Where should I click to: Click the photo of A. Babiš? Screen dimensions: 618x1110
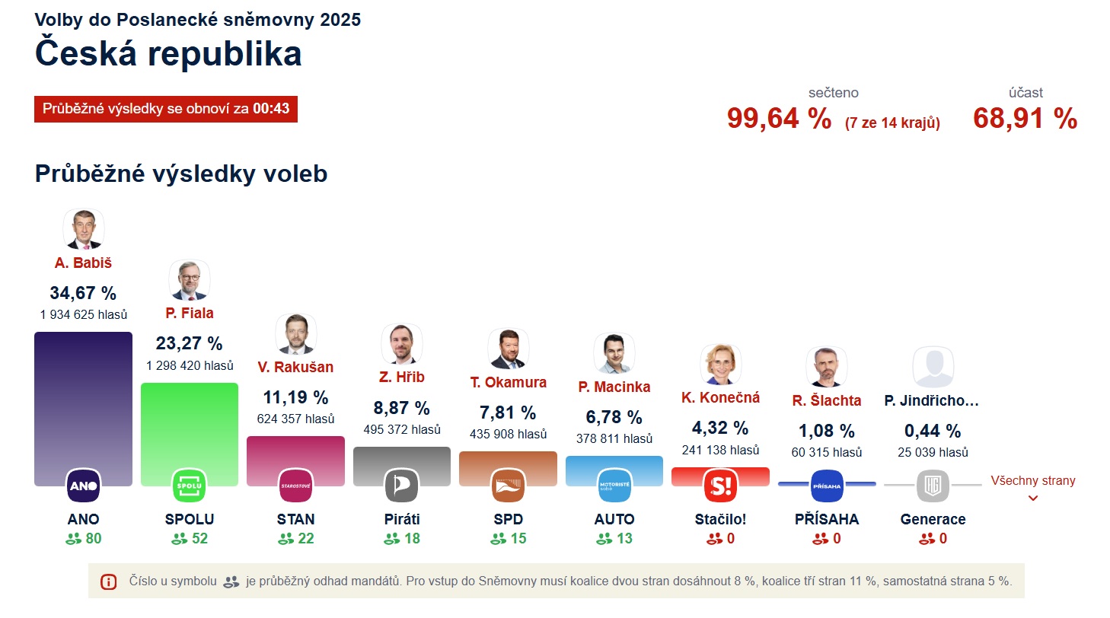tap(83, 229)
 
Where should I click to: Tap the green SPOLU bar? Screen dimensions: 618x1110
tap(190, 426)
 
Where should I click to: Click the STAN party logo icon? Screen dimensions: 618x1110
tap(296, 486)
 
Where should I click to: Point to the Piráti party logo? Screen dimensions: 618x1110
tap(402, 486)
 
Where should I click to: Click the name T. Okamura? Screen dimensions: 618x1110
tap(508, 382)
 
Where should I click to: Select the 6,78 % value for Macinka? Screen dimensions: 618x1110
tap(614, 417)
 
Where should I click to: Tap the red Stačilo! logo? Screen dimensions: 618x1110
tap(720, 486)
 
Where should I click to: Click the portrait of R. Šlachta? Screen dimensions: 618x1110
tap(826, 368)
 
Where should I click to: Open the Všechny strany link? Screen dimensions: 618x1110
tap(1032, 481)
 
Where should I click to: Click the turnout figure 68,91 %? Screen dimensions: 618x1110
tap(1025, 119)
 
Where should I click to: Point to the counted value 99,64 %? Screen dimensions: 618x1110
tap(779, 119)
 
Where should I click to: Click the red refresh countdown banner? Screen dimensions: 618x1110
tap(166, 108)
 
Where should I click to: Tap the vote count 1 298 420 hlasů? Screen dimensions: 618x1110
tap(190, 365)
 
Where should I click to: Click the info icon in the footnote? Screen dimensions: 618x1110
tap(108, 581)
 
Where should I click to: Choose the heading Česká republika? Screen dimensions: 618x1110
tap(168, 54)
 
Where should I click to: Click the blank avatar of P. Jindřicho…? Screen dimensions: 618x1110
tap(933, 368)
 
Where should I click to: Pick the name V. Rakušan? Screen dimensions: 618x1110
tap(295, 367)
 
